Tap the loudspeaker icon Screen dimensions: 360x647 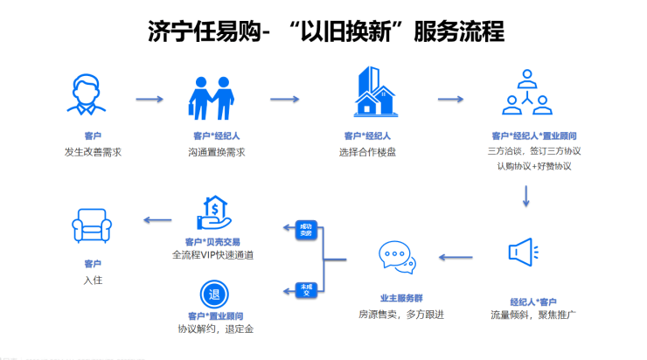point(525,253)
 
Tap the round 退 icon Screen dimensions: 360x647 point(214,293)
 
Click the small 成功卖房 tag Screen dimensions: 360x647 point(305,231)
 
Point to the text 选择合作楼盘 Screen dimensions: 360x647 point(367,151)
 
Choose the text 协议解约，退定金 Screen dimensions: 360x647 point(215,329)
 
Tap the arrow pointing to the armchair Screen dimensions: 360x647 point(157,220)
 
